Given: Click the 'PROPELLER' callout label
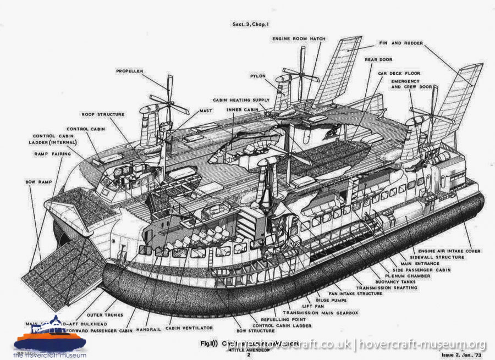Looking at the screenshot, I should pos(129,71).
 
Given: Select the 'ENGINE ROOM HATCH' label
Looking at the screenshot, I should pos(299,39).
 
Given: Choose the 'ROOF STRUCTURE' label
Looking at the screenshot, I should pos(103,114).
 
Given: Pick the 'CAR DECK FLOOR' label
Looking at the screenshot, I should pos(399,73).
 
